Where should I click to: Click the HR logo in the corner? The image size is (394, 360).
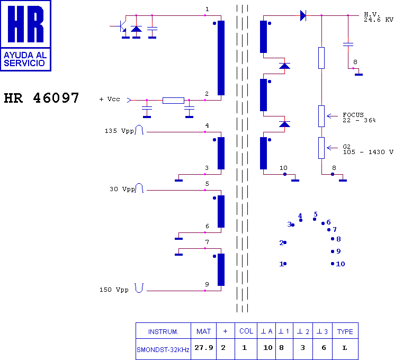[25, 35]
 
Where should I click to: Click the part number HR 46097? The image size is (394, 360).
[41, 98]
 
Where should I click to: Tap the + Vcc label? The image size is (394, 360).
[110, 99]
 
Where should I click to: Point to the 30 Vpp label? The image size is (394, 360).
[122, 188]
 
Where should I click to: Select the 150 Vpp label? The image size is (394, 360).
[114, 290]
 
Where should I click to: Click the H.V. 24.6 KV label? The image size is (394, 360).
[378, 17]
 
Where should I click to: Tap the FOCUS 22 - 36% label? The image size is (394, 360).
[359, 118]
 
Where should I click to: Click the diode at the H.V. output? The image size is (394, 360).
[303, 15]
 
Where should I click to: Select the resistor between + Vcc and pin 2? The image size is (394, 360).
[173, 100]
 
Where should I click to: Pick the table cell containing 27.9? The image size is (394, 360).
[203, 349]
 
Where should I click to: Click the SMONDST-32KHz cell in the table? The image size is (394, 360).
[163, 349]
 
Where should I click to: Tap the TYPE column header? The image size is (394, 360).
[345, 331]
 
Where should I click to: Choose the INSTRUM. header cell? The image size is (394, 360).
[163, 331]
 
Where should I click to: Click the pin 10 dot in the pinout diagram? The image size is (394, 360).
[333, 264]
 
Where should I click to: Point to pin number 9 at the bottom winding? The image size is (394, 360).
[207, 284]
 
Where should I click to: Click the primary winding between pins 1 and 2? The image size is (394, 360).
[221, 58]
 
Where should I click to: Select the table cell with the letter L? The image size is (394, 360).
[345, 349]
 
